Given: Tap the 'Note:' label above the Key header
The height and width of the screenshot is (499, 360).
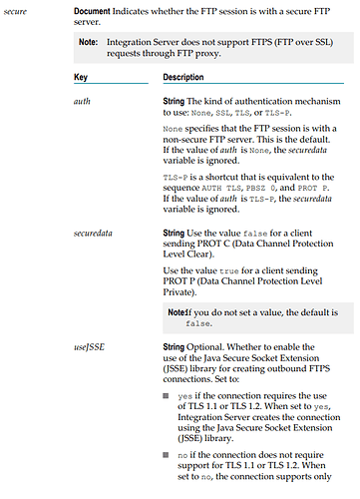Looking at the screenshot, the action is click(x=91, y=42).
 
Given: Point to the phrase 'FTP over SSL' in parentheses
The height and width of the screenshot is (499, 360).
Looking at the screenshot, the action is click(x=289, y=41).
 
